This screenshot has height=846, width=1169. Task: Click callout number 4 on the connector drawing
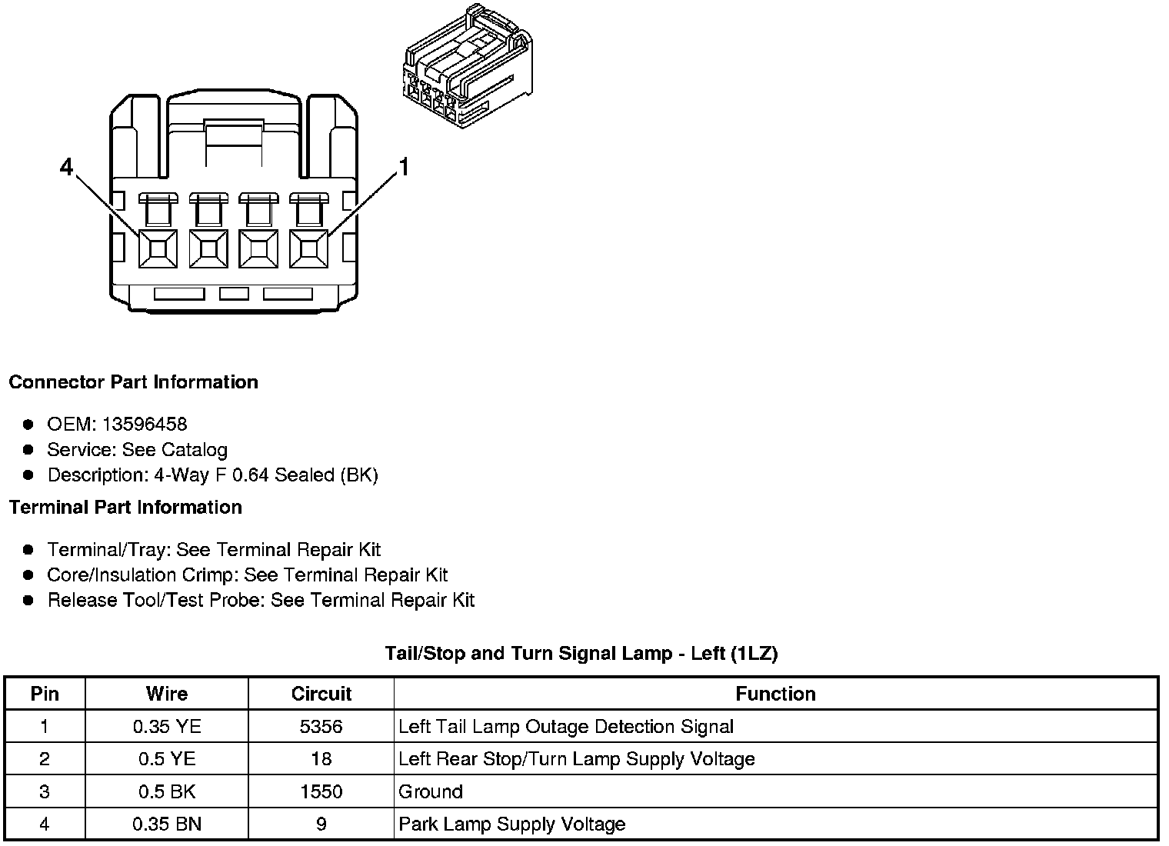67,167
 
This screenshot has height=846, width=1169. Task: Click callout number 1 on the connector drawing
403,167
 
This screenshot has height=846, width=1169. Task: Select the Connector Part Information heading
134,382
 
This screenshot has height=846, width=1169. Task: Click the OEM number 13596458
145,424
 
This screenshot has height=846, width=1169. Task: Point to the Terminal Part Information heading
125,508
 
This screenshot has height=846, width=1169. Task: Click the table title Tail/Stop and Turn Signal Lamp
581,654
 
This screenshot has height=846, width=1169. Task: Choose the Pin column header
45,694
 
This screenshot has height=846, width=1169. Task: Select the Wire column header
167,694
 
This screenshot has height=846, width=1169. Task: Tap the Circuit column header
321,694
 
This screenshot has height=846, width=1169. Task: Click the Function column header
775,694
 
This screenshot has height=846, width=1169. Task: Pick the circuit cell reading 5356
321,727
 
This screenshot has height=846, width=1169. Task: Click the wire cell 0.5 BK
167,791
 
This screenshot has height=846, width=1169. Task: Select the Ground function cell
431,791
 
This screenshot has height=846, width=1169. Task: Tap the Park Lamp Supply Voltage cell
511,824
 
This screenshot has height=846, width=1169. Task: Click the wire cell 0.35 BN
167,824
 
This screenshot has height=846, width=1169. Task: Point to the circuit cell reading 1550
321,791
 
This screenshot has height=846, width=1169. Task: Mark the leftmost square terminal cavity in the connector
158,248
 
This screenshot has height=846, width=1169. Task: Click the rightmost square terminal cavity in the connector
308,248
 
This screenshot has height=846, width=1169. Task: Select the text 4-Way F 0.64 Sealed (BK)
266,475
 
